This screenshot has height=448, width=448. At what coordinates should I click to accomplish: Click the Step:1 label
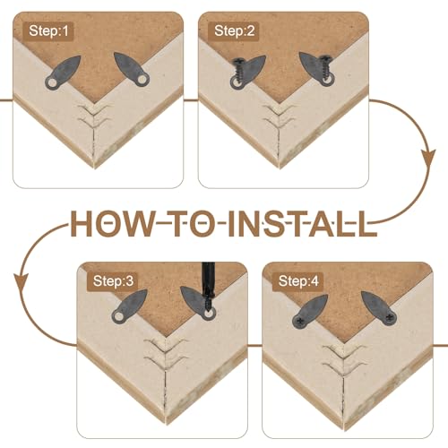[48, 31]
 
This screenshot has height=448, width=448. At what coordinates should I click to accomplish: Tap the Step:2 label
[234, 31]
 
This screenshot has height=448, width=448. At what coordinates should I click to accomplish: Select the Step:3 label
[113, 281]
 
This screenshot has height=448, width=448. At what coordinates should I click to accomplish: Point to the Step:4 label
[298, 281]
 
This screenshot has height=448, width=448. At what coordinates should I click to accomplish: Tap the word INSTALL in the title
[302, 223]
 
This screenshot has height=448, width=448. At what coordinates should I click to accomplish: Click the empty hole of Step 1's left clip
[53, 83]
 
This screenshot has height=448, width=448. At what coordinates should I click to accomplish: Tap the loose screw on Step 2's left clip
[239, 72]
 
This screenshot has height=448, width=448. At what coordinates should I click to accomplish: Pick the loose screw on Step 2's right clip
[325, 70]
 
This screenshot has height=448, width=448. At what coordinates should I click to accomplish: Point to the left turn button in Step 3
[130, 306]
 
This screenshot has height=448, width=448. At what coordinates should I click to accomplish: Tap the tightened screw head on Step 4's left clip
[299, 321]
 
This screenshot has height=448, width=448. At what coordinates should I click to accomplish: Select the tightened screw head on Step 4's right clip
[389, 317]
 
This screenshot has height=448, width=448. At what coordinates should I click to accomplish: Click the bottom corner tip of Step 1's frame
[95, 168]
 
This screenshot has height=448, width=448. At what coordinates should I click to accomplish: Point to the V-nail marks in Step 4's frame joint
[344, 356]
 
